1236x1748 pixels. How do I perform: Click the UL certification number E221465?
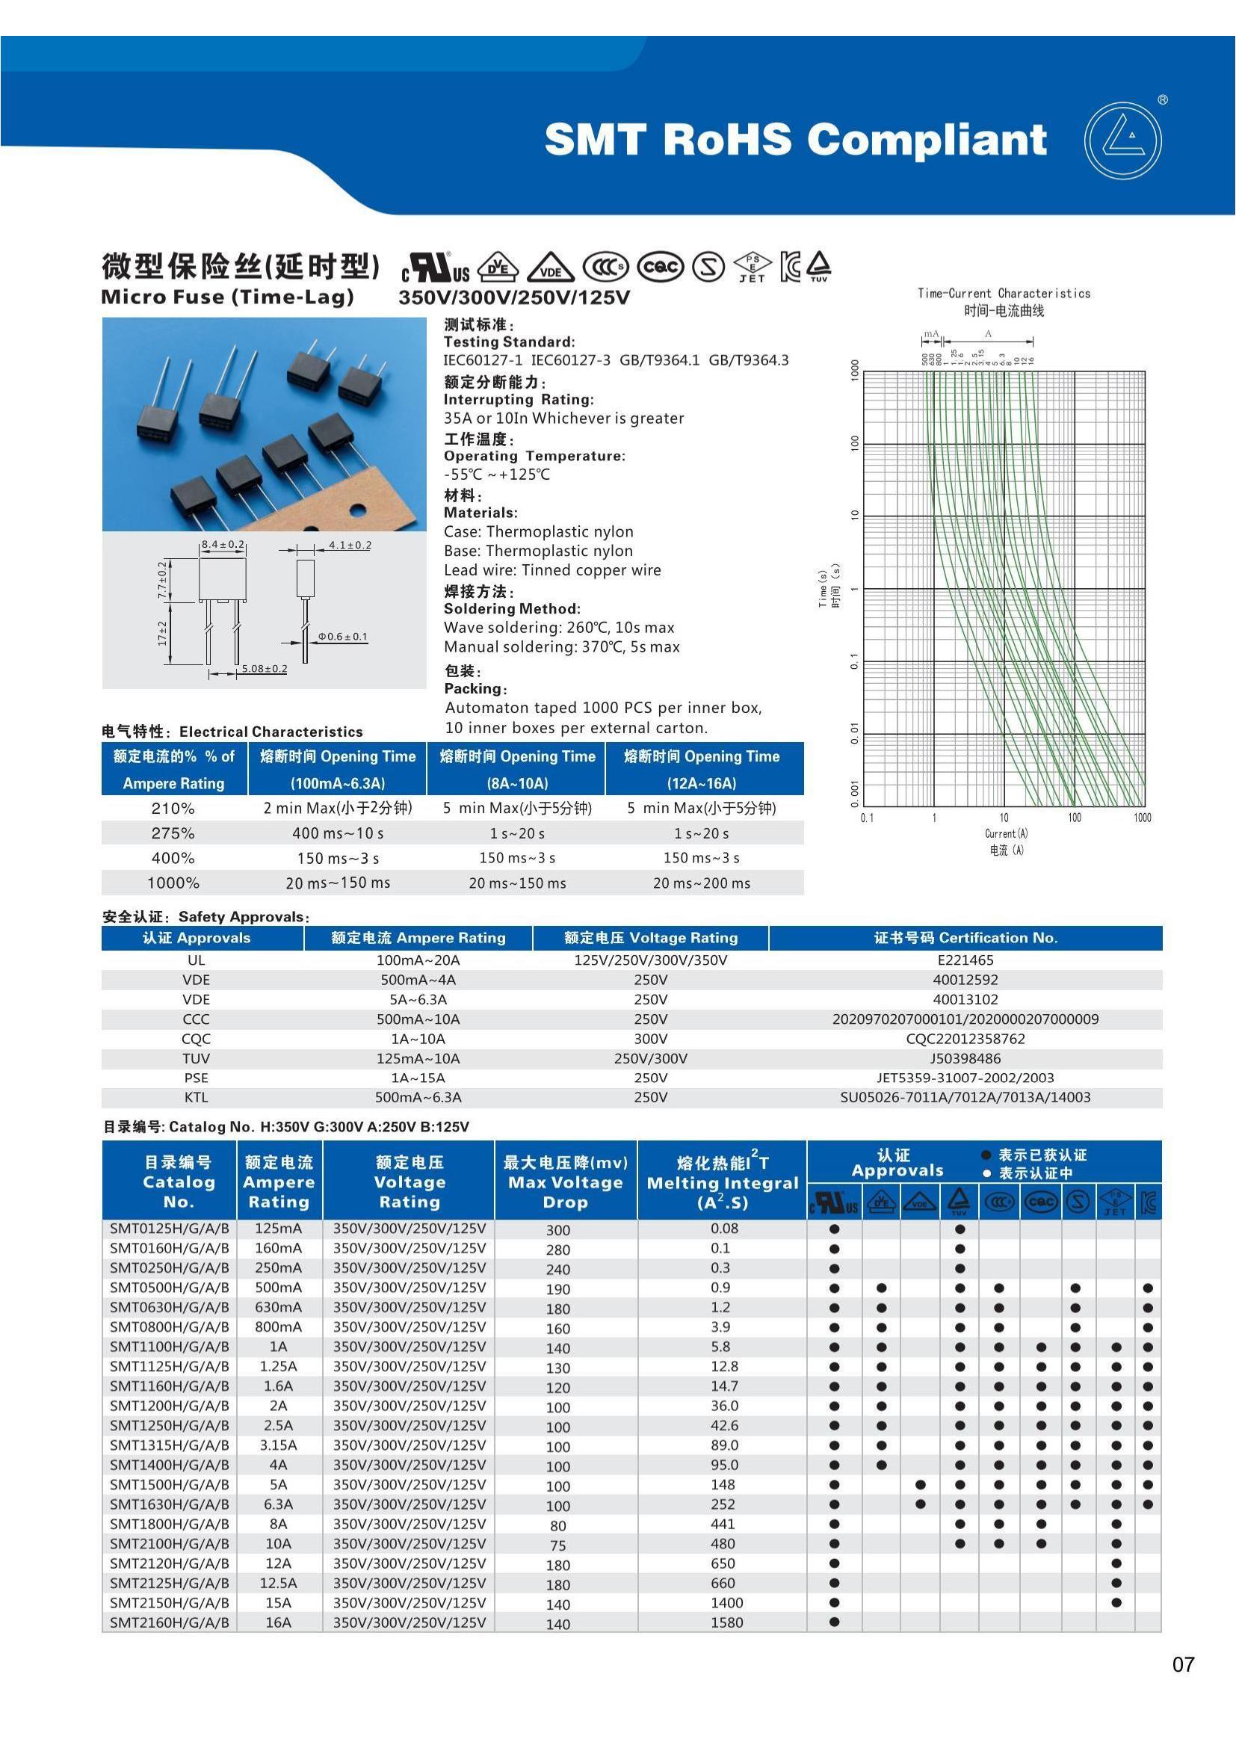(x=965, y=960)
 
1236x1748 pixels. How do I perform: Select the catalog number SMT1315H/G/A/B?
(x=169, y=1445)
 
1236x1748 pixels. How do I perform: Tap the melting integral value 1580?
(x=726, y=1622)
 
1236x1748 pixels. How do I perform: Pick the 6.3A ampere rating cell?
(x=278, y=1504)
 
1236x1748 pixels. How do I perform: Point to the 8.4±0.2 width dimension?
(x=222, y=544)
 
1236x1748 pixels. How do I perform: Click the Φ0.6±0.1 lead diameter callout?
(x=342, y=637)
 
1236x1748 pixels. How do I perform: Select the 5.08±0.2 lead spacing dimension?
(x=264, y=668)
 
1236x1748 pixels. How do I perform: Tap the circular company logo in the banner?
(x=1122, y=140)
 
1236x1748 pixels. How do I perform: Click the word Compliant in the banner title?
(x=926, y=139)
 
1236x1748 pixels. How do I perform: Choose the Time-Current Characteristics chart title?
(x=1003, y=293)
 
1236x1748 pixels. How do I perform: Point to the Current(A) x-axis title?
(x=1006, y=834)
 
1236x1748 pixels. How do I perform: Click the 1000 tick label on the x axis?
(x=1142, y=818)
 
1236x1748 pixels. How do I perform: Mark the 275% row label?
(x=173, y=833)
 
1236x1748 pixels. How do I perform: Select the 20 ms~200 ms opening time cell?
(x=701, y=883)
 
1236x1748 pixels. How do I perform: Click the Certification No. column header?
(x=965, y=938)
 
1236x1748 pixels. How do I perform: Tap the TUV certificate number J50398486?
(x=965, y=1058)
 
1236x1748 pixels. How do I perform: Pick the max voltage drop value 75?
(x=558, y=1545)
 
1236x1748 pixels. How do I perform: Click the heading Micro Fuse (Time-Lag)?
(x=227, y=297)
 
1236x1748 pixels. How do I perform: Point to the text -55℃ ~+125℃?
(x=496, y=475)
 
